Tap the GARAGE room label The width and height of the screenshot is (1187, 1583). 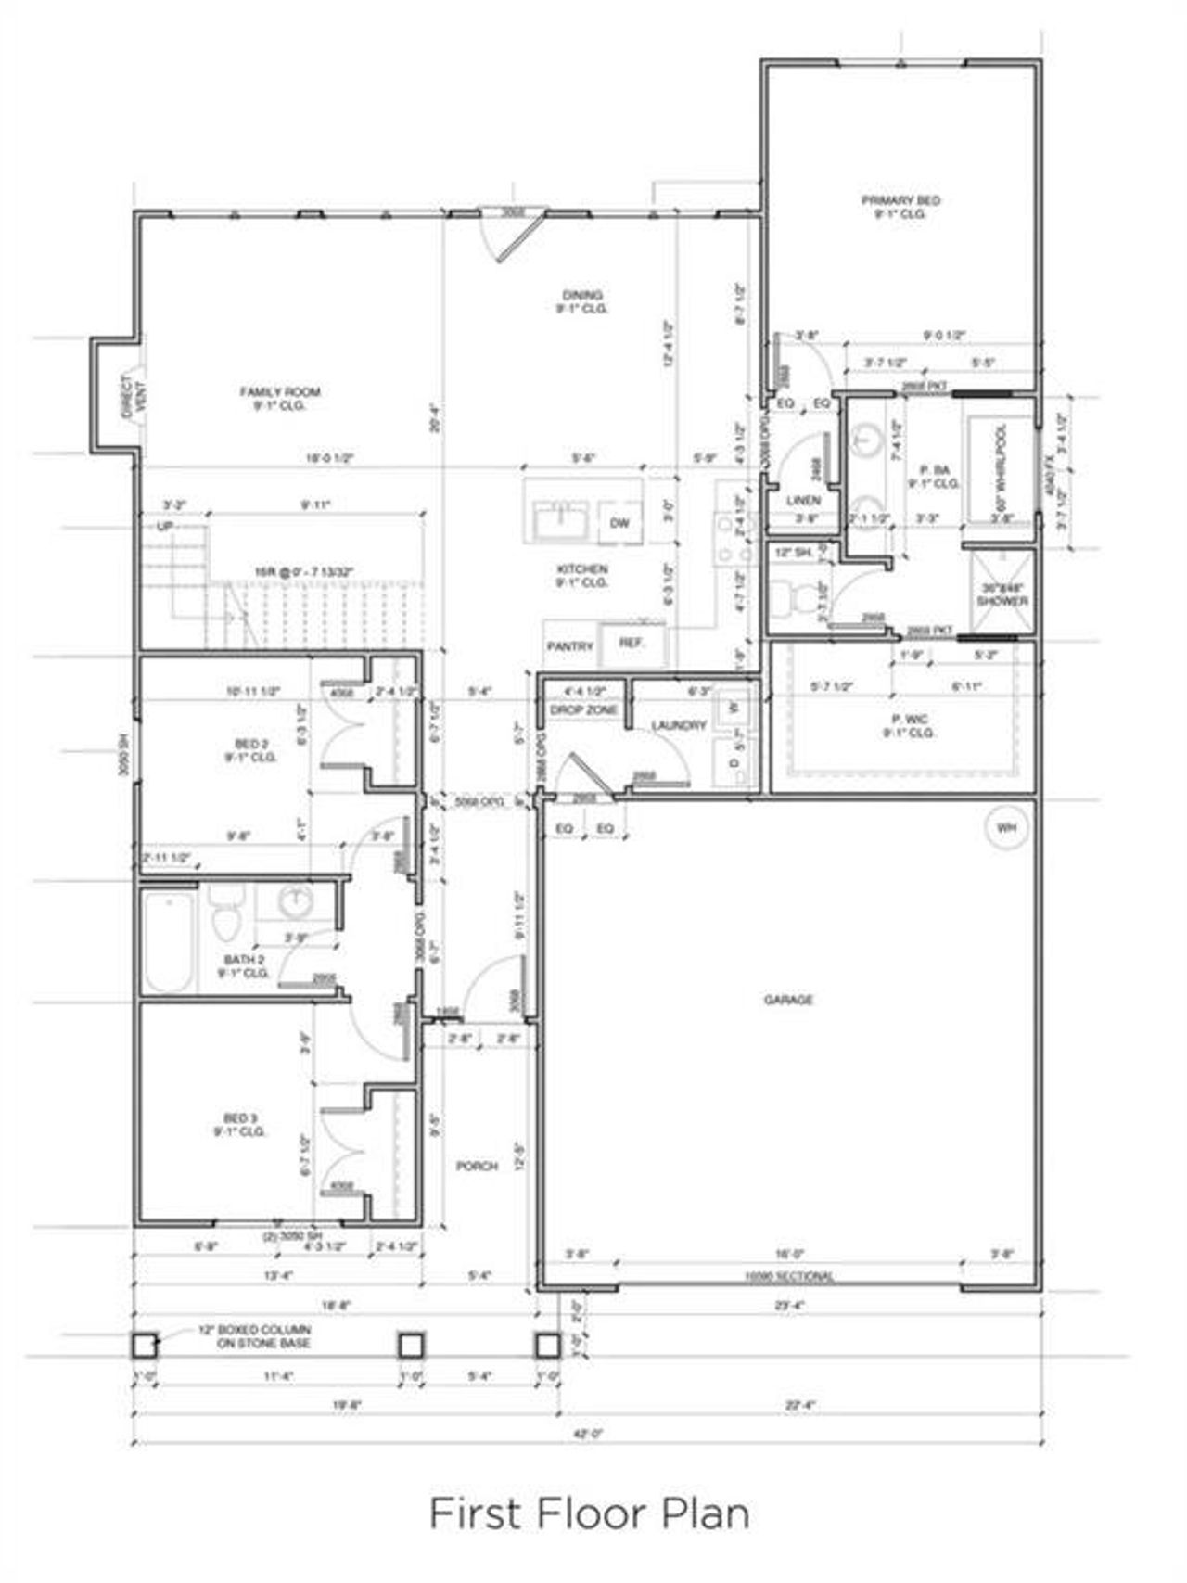788,1000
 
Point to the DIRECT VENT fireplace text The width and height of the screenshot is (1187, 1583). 134,397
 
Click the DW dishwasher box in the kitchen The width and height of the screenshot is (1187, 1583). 619,523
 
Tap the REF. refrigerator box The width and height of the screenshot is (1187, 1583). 631,642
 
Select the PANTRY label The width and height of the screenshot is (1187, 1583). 568,646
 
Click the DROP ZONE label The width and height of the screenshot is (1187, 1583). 583,710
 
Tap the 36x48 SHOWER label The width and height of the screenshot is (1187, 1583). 1002,594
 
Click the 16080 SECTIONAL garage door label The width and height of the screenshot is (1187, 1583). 788,1277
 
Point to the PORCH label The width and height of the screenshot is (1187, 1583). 477,1166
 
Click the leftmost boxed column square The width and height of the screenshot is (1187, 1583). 145,1345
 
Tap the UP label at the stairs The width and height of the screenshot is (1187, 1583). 165,526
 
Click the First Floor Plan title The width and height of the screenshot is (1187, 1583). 590,1513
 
